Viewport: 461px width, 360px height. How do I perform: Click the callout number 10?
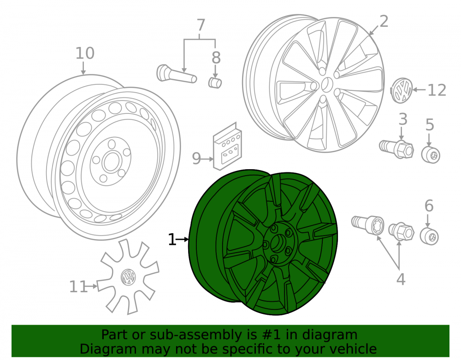[85, 53]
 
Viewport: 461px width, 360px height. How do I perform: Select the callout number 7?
[201, 25]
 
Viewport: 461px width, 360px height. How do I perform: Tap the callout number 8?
[216, 58]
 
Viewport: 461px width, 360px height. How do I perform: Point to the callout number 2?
[384, 22]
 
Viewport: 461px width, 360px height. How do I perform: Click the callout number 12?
[437, 90]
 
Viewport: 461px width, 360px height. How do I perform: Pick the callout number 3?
[403, 119]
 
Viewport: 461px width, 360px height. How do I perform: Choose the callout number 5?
[430, 124]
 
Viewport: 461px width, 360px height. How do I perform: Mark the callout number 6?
[429, 206]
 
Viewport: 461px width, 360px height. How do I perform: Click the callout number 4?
[401, 279]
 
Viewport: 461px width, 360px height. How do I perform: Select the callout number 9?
[196, 159]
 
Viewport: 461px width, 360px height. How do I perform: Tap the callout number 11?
[78, 287]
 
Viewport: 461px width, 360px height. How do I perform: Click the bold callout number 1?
[172, 240]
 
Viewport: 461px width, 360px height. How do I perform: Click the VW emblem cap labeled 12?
[402, 90]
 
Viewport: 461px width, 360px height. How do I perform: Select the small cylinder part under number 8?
[215, 83]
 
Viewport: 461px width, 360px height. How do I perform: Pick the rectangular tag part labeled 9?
[227, 147]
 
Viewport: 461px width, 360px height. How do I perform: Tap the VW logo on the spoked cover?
[128, 277]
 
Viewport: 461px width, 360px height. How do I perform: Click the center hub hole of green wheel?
[276, 244]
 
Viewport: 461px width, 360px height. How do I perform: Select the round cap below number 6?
[429, 236]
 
